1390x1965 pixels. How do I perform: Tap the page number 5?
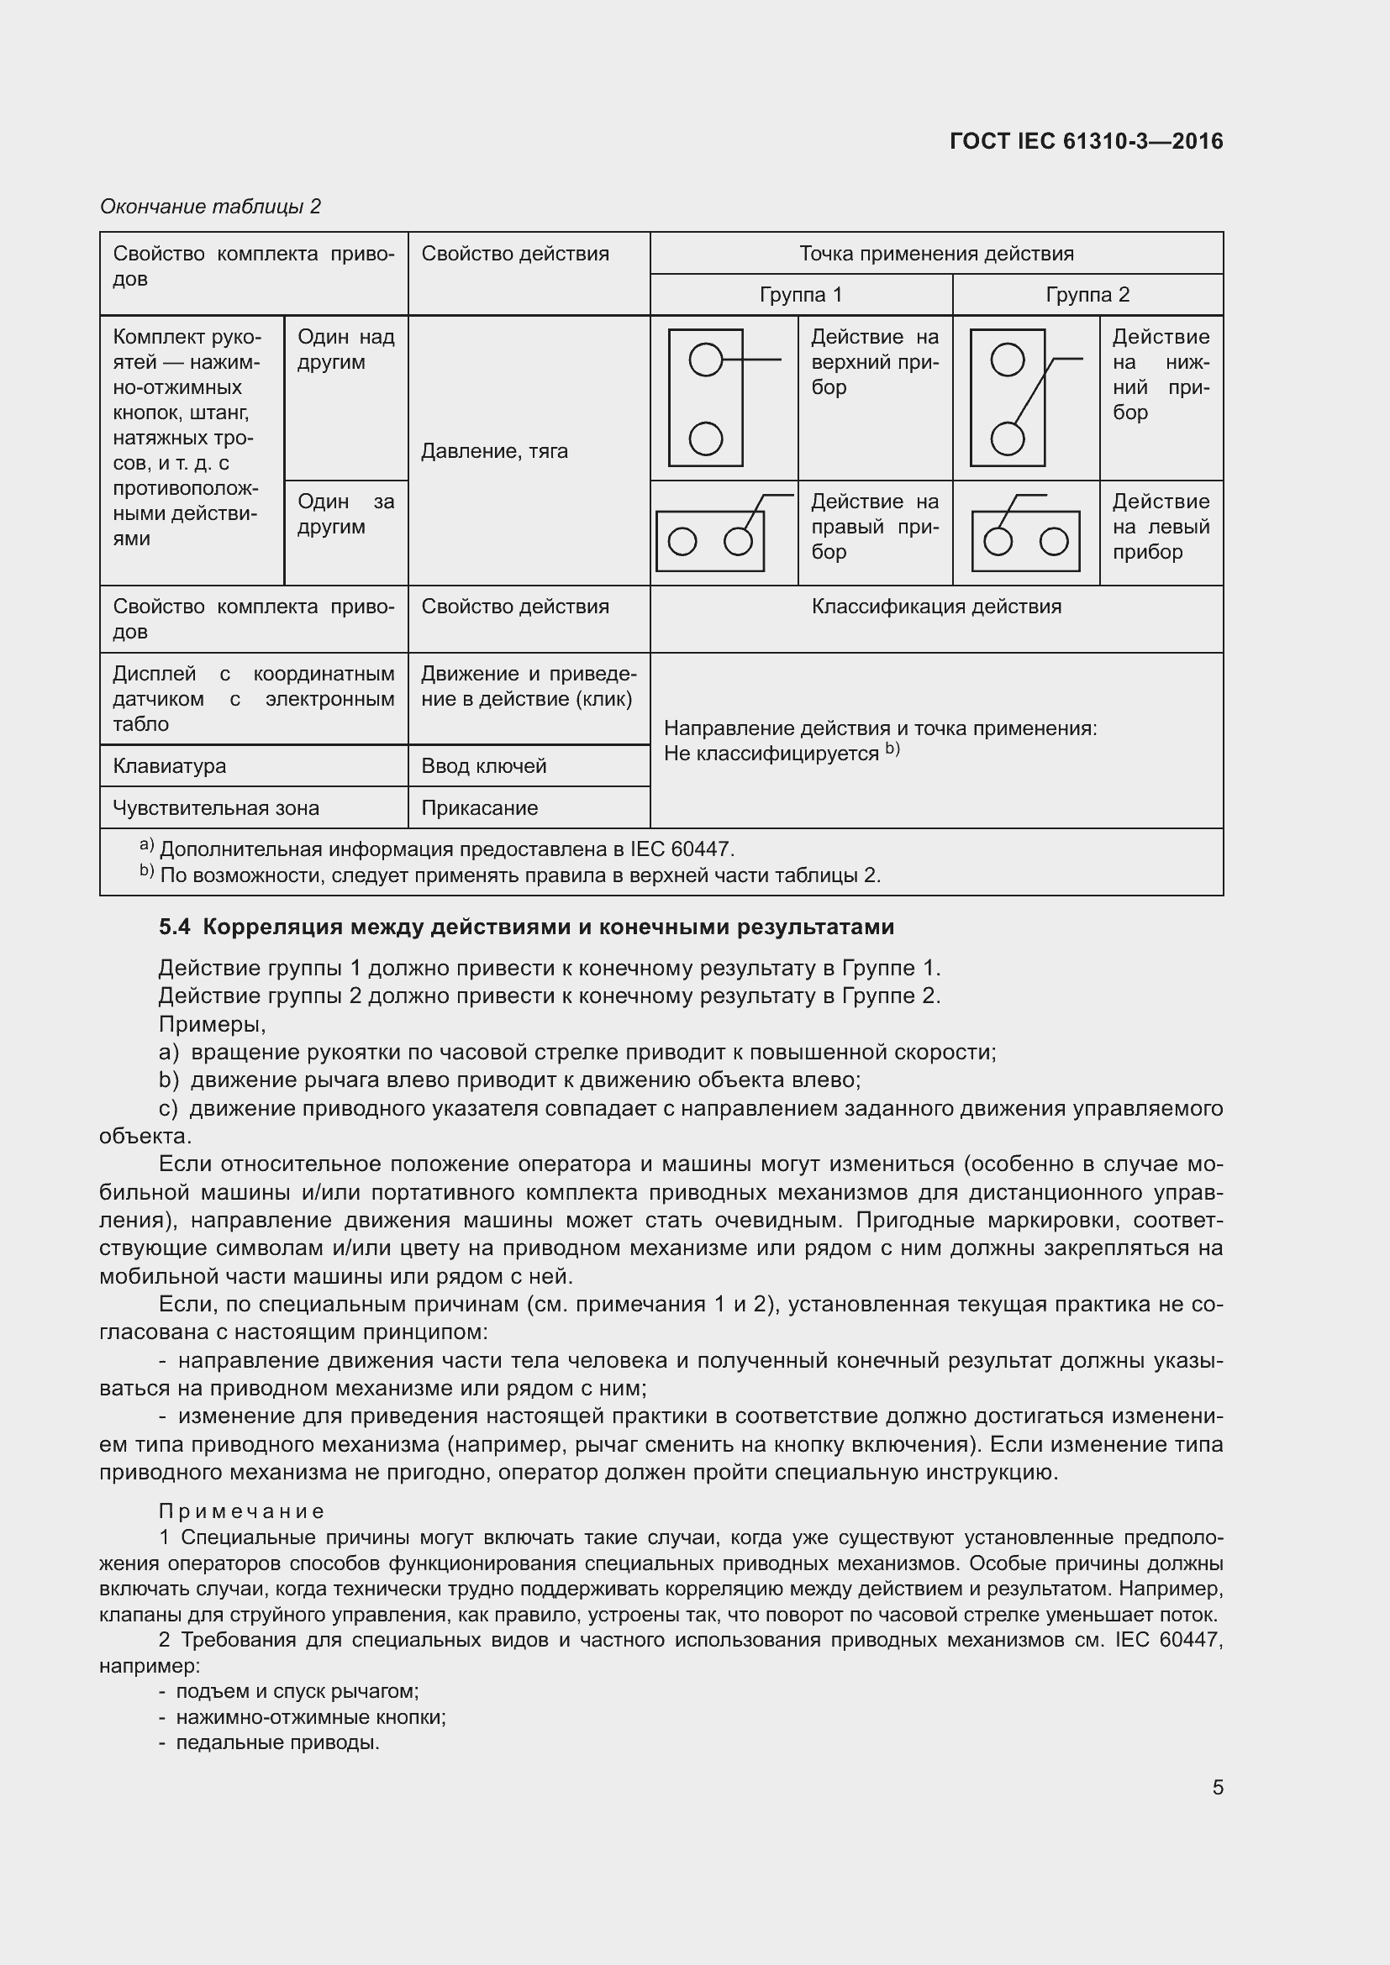pyautogui.click(x=1217, y=1787)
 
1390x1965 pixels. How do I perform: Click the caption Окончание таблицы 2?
pyautogui.click(x=211, y=207)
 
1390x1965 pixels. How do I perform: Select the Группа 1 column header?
pyautogui.click(x=800, y=294)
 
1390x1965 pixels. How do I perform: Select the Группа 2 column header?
pyautogui.click(x=1087, y=294)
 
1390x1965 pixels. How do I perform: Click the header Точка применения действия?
pyautogui.click(x=935, y=254)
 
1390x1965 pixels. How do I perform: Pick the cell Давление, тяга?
pyautogui.click(x=494, y=451)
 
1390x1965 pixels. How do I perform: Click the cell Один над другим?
pyautogui.click(x=345, y=349)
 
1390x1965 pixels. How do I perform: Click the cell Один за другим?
pyautogui.click(x=345, y=513)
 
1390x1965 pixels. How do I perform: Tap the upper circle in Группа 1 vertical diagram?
pyautogui.click(x=705, y=360)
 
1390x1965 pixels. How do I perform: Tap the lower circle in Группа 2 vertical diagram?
pyautogui.click(x=1007, y=439)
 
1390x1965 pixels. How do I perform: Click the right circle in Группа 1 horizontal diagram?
pyautogui.click(x=737, y=542)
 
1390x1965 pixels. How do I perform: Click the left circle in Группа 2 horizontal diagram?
pyautogui.click(x=998, y=542)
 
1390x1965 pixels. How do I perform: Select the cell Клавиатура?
pyautogui.click(x=170, y=766)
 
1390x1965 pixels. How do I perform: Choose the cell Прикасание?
pyautogui.click(x=479, y=808)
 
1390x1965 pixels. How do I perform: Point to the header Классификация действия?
pyautogui.click(x=935, y=607)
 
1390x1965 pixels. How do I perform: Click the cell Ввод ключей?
pyautogui.click(x=483, y=766)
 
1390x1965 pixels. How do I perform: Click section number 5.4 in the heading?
pyautogui.click(x=175, y=927)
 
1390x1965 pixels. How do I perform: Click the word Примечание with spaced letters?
pyautogui.click(x=241, y=1511)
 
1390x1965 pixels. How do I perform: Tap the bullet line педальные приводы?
pyautogui.click(x=276, y=1742)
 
